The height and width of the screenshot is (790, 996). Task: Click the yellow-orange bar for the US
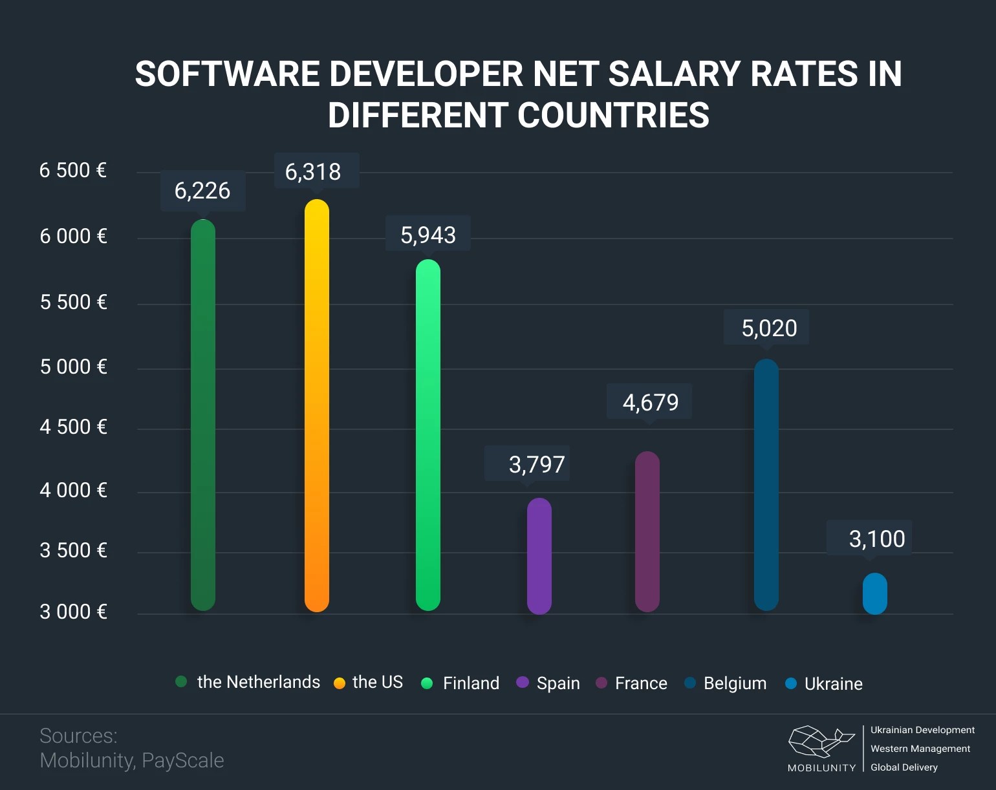click(x=317, y=405)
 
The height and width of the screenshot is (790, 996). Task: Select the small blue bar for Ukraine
click(x=874, y=593)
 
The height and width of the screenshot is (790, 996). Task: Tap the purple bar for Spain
click(x=539, y=556)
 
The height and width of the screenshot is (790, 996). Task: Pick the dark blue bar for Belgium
click(x=766, y=485)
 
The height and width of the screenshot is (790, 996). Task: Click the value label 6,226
click(x=202, y=191)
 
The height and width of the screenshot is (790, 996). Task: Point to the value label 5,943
click(x=428, y=235)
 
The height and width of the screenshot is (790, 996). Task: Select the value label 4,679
click(x=650, y=402)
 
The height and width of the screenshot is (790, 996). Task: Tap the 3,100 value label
click(x=876, y=539)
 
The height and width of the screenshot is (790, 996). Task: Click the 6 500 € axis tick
click(x=73, y=171)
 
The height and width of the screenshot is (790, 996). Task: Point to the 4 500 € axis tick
click(x=73, y=427)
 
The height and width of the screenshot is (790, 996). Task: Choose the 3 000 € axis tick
click(x=73, y=612)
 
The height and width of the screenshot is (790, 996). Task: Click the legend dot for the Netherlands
click(x=181, y=681)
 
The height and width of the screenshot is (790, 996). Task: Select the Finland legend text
click(x=471, y=683)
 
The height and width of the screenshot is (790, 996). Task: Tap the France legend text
click(x=641, y=683)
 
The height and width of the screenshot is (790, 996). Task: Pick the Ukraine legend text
click(x=833, y=684)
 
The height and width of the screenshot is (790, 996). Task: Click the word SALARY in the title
click(x=674, y=74)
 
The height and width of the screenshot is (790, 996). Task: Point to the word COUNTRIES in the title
click(x=612, y=116)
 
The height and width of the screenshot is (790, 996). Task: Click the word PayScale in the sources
click(x=182, y=760)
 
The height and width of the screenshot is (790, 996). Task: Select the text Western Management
click(x=920, y=749)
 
